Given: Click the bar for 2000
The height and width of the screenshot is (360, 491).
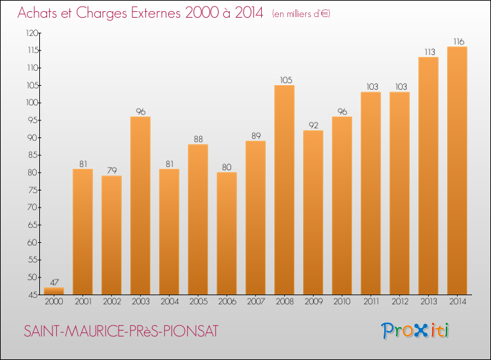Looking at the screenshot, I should [54, 291].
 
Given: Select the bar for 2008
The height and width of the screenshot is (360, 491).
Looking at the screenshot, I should [284, 190].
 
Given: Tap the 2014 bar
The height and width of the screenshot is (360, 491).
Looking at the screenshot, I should [457, 170].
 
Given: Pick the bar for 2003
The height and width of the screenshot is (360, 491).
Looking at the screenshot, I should [140, 206].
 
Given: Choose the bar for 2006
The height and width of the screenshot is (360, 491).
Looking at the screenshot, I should [227, 233].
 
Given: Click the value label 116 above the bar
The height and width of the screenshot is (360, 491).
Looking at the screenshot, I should [457, 41].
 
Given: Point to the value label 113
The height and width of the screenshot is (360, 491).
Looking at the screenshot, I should [428, 52].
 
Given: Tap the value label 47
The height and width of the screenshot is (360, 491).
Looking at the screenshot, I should [54, 282].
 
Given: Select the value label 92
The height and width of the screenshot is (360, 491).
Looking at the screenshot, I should [313, 125].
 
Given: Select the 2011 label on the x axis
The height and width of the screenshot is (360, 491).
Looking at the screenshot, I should [371, 302].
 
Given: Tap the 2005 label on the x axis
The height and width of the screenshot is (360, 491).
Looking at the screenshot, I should [198, 302].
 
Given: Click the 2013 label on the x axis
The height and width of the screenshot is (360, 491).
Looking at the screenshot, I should [428, 302].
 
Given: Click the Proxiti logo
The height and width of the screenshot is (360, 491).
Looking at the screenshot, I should [415, 331].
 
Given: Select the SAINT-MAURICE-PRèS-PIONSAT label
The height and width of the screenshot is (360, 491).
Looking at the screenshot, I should [121, 331].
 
